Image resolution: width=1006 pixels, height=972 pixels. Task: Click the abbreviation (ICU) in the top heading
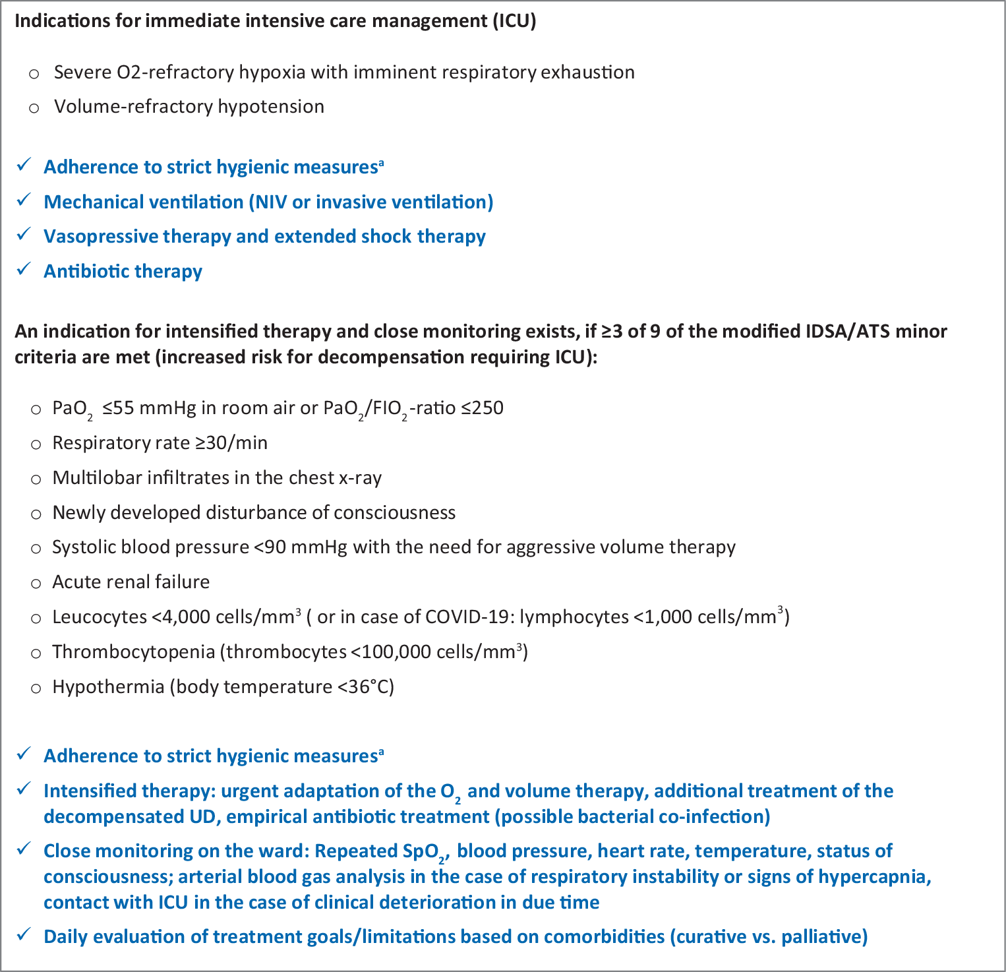[x=514, y=21]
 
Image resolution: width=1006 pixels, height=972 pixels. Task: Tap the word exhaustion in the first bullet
[x=587, y=72]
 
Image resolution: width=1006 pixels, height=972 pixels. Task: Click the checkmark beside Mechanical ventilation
[x=24, y=200]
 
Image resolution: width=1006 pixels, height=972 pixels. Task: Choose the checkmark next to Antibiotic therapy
[x=24, y=270]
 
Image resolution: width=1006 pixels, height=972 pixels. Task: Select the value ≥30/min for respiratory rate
[x=231, y=442]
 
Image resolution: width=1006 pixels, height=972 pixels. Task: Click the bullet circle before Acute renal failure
[x=36, y=583]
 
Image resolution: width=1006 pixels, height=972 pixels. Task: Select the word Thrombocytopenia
[x=133, y=652]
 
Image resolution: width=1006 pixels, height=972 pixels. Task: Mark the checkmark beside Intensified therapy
[x=24, y=789]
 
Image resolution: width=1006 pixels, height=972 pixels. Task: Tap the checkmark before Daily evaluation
[x=24, y=935]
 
